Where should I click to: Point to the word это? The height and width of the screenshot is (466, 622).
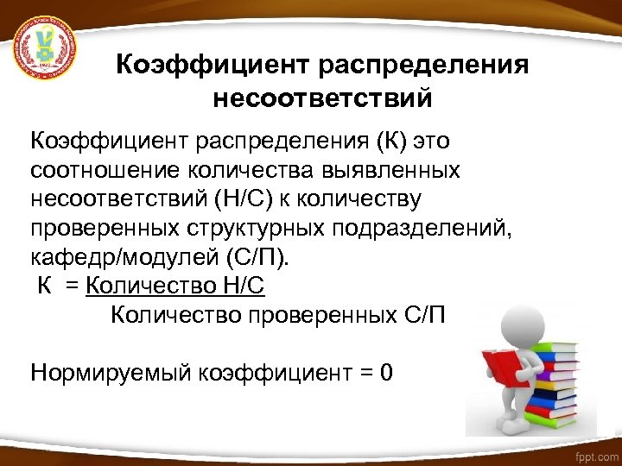[433, 141]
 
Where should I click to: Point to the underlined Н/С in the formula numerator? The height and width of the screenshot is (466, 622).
[244, 287]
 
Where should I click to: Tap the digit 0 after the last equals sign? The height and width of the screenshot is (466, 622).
[386, 373]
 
